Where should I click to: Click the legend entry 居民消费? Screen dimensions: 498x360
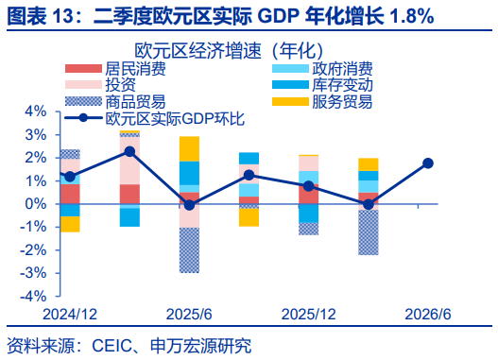click(115, 69)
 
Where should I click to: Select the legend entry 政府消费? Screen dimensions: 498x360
click(322, 69)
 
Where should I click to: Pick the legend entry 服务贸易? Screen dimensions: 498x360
click(322, 102)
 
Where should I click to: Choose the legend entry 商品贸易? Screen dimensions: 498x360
click(115, 102)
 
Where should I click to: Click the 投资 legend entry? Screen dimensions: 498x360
click(101, 85)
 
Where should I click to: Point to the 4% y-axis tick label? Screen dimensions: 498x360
click(36, 111)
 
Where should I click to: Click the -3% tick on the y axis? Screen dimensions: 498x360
click(33, 273)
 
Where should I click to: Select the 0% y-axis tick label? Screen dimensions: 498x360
click(36, 204)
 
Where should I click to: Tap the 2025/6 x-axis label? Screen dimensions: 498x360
click(189, 315)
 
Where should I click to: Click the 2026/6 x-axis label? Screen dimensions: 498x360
click(428, 315)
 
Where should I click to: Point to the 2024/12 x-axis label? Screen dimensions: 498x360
click(70, 315)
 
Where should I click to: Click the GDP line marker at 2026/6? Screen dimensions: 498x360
click(428, 163)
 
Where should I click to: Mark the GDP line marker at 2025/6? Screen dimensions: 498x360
click(189, 205)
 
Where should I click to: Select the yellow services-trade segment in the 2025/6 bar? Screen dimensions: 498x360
click(189, 149)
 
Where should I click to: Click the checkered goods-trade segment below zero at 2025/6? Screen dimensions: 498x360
click(189, 250)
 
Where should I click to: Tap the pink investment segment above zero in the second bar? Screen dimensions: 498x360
click(129, 161)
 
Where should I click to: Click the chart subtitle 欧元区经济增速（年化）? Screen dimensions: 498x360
click(230, 50)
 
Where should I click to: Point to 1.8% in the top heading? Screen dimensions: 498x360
click(411, 16)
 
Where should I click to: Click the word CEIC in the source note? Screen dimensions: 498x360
click(112, 346)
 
